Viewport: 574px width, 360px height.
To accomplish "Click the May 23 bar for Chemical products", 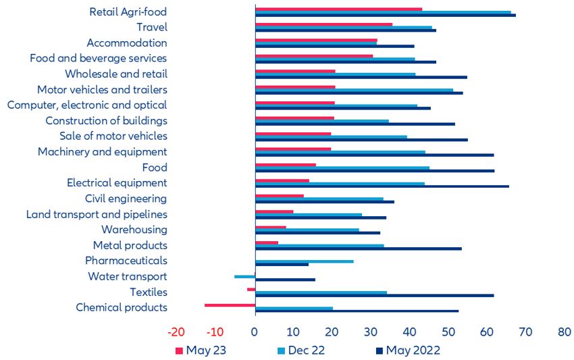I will tap(230, 305).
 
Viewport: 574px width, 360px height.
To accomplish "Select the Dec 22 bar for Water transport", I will tap(244, 276).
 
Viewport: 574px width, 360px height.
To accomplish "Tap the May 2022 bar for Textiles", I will tap(374, 295).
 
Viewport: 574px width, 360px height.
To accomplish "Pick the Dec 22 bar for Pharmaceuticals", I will tap(304, 261).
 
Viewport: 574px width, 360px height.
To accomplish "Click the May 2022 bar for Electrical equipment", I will tap(382, 186).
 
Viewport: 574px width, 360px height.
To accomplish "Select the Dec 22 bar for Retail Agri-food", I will tap(383, 11).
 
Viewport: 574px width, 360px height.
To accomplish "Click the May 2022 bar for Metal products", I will tap(358, 249).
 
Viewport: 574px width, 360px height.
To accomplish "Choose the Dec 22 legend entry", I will tap(305, 350).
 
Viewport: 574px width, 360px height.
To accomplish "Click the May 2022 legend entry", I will tap(408, 350).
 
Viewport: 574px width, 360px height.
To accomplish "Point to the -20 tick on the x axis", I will tap(177, 332).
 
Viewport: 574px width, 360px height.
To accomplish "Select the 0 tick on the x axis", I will tap(255, 332).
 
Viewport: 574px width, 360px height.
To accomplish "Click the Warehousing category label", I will tap(134, 230).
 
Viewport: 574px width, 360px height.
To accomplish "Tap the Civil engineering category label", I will tap(126, 199).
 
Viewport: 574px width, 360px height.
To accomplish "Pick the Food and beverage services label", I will tap(98, 58).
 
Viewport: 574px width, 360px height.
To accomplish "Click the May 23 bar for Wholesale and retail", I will tap(295, 71).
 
